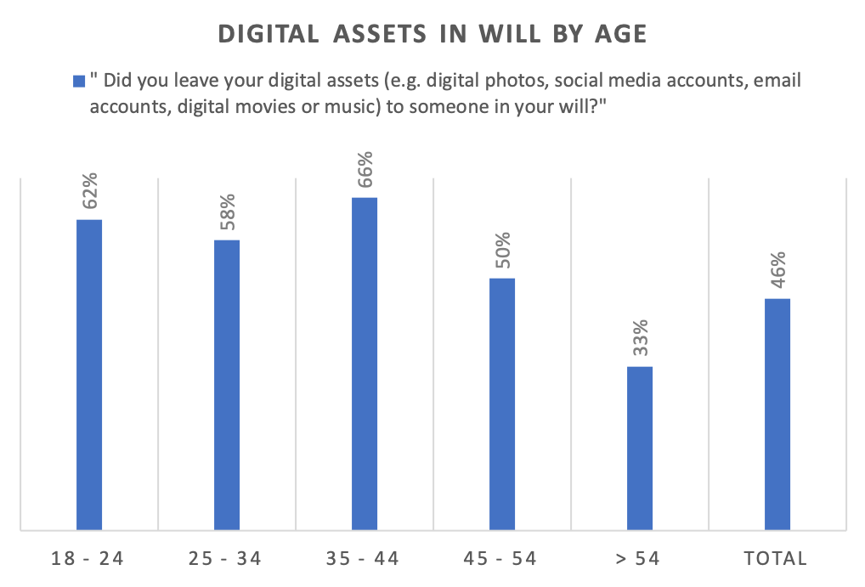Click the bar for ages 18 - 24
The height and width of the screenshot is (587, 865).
click(89, 375)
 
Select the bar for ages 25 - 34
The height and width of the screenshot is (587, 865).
click(226, 385)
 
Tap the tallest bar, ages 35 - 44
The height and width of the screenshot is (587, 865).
click(364, 364)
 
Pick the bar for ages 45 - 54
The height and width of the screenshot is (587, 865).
click(501, 404)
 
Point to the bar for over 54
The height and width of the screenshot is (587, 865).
click(639, 449)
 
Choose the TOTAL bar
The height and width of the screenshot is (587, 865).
click(777, 415)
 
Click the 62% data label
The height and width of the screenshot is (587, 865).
click(90, 191)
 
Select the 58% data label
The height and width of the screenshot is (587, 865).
click(227, 212)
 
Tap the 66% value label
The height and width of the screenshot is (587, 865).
click(365, 169)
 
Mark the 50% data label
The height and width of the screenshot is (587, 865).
click(502, 250)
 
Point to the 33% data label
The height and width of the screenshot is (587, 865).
click(640, 338)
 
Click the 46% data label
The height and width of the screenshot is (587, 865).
click(777, 270)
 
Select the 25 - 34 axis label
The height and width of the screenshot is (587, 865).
click(226, 558)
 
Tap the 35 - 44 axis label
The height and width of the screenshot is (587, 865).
click(364, 558)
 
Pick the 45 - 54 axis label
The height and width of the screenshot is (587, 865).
click(501, 558)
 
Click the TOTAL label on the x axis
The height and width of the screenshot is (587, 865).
click(777, 558)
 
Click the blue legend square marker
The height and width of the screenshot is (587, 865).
click(79, 82)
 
